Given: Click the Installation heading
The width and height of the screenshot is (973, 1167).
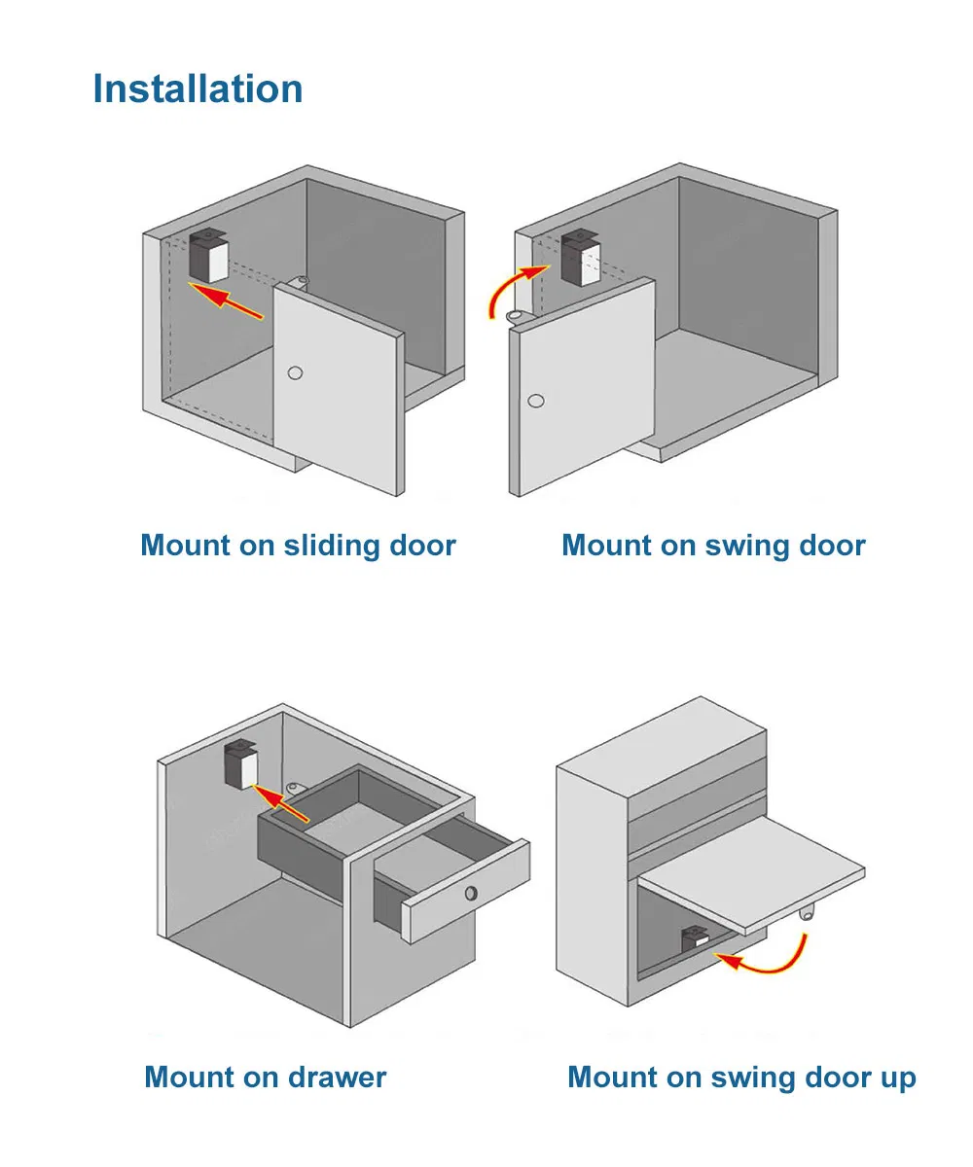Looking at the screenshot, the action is tap(198, 88).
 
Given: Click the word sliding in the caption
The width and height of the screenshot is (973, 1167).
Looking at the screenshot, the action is tap(332, 546).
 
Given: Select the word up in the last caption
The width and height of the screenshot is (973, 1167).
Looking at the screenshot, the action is tap(898, 1079).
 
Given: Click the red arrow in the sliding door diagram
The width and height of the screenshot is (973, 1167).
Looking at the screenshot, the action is tap(226, 301).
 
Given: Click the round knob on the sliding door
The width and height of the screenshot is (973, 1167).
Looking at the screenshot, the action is tap(295, 372).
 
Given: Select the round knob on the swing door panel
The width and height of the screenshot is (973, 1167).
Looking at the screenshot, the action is tap(536, 401).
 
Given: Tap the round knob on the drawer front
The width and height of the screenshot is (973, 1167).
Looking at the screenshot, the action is tap(471, 893).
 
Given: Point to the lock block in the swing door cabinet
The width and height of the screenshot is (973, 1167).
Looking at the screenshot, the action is tap(581, 258).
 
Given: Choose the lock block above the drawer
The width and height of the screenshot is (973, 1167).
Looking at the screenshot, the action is tap(241, 764).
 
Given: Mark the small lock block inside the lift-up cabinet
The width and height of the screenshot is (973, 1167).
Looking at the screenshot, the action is tap(695, 938).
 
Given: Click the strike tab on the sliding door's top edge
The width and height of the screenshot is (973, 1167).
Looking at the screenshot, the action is tap(301, 282).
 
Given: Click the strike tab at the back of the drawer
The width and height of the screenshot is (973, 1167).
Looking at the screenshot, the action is tap(294, 788).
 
